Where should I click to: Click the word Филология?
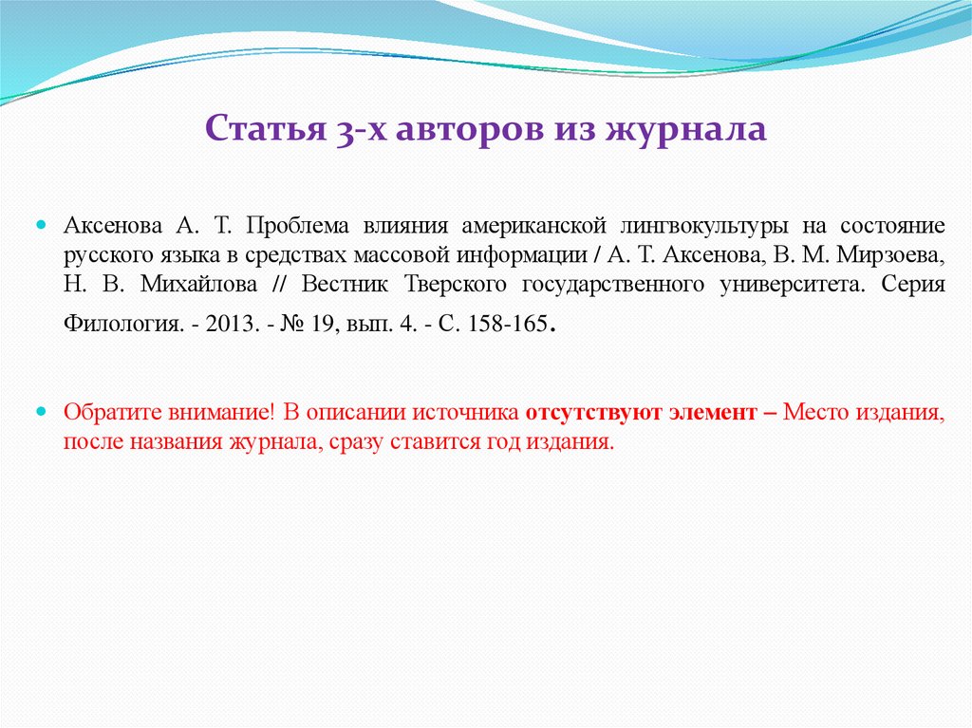pyautogui.click(x=118, y=324)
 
